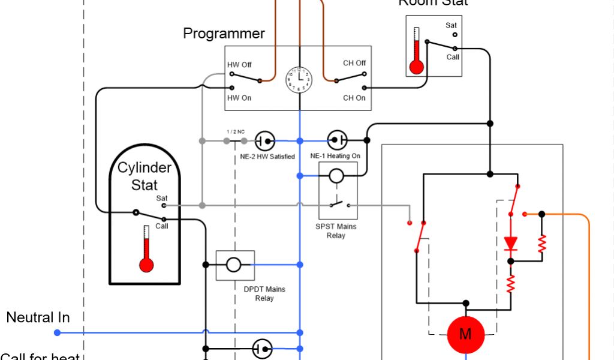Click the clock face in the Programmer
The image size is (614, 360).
click(x=299, y=79)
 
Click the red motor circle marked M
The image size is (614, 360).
click(x=465, y=334)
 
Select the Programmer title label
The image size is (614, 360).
click(x=224, y=34)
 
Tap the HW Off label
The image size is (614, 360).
click(x=239, y=64)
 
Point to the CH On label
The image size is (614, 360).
click(x=354, y=98)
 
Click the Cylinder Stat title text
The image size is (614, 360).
click(x=145, y=176)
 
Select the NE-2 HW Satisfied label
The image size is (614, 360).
click(x=264, y=157)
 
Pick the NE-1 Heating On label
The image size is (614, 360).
click(x=335, y=156)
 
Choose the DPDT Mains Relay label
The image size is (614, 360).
click(x=264, y=293)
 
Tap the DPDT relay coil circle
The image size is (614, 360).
click(x=233, y=264)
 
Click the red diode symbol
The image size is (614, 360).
click(x=511, y=243)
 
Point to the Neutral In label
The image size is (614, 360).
click(x=38, y=317)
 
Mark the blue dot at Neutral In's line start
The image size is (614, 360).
click(x=57, y=332)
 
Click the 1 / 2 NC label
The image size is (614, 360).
click(x=236, y=131)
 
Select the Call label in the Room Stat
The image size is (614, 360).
click(x=453, y=57)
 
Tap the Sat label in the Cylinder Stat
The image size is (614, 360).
click(x=162, y=198)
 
